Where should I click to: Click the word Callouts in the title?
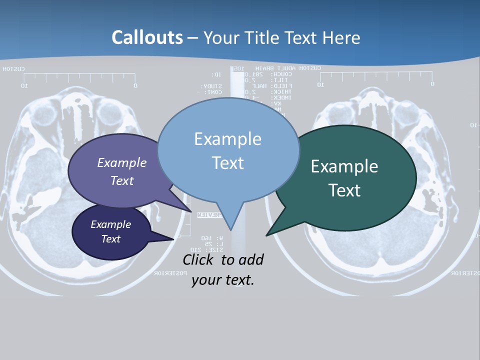pyautogui.click(x=147, y=37)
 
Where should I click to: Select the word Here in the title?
pyautogui.click(x=341, y=37)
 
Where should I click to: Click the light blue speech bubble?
pyautogui.click(x=227, y=150)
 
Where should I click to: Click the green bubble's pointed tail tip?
pyautogui.click(x=266, y=235)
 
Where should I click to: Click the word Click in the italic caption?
pyautogui.click(x=199, y=259)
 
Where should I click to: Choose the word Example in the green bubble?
pyautogui.click(x=344, y=166)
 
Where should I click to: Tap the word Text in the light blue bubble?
pyautogui.click(x=227, y=163)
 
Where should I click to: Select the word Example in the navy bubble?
pyautogui.click(x=110, y=224)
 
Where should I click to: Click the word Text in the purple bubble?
pyautogui.click(x=122, y=180)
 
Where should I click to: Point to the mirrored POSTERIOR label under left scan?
pyautogui.click(x=170, y=273)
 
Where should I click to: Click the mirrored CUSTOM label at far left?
pyautogui.click(x=13, y=69)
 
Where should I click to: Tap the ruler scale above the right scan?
pyautogui.click(x=375, y=78)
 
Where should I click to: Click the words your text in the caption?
pyautogui.click(x=222, y=280)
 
